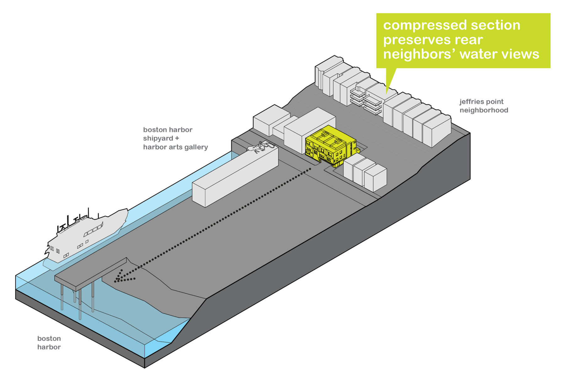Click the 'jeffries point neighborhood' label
(483, 106)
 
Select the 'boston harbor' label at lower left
(49, 343)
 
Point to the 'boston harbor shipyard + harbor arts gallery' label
(175, 138)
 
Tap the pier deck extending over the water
(91, 273)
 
